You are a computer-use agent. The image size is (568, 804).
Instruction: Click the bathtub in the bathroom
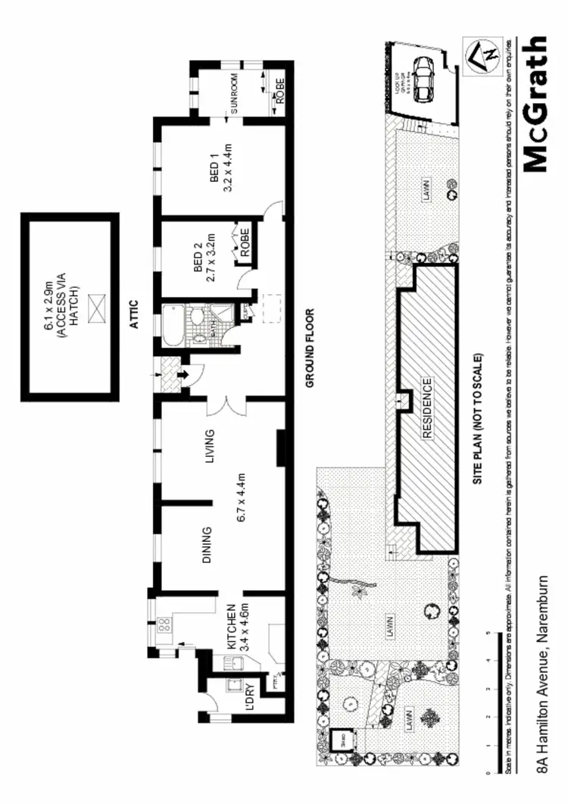(x=173, y=324)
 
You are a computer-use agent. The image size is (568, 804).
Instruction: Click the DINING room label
(x=207, y=546)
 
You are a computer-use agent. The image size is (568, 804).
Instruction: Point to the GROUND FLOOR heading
(x=310, y=348)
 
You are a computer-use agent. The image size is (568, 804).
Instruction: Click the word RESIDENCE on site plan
(x=427, y=409)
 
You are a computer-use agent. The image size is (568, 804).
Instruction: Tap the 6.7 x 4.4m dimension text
(x=242, y=497)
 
